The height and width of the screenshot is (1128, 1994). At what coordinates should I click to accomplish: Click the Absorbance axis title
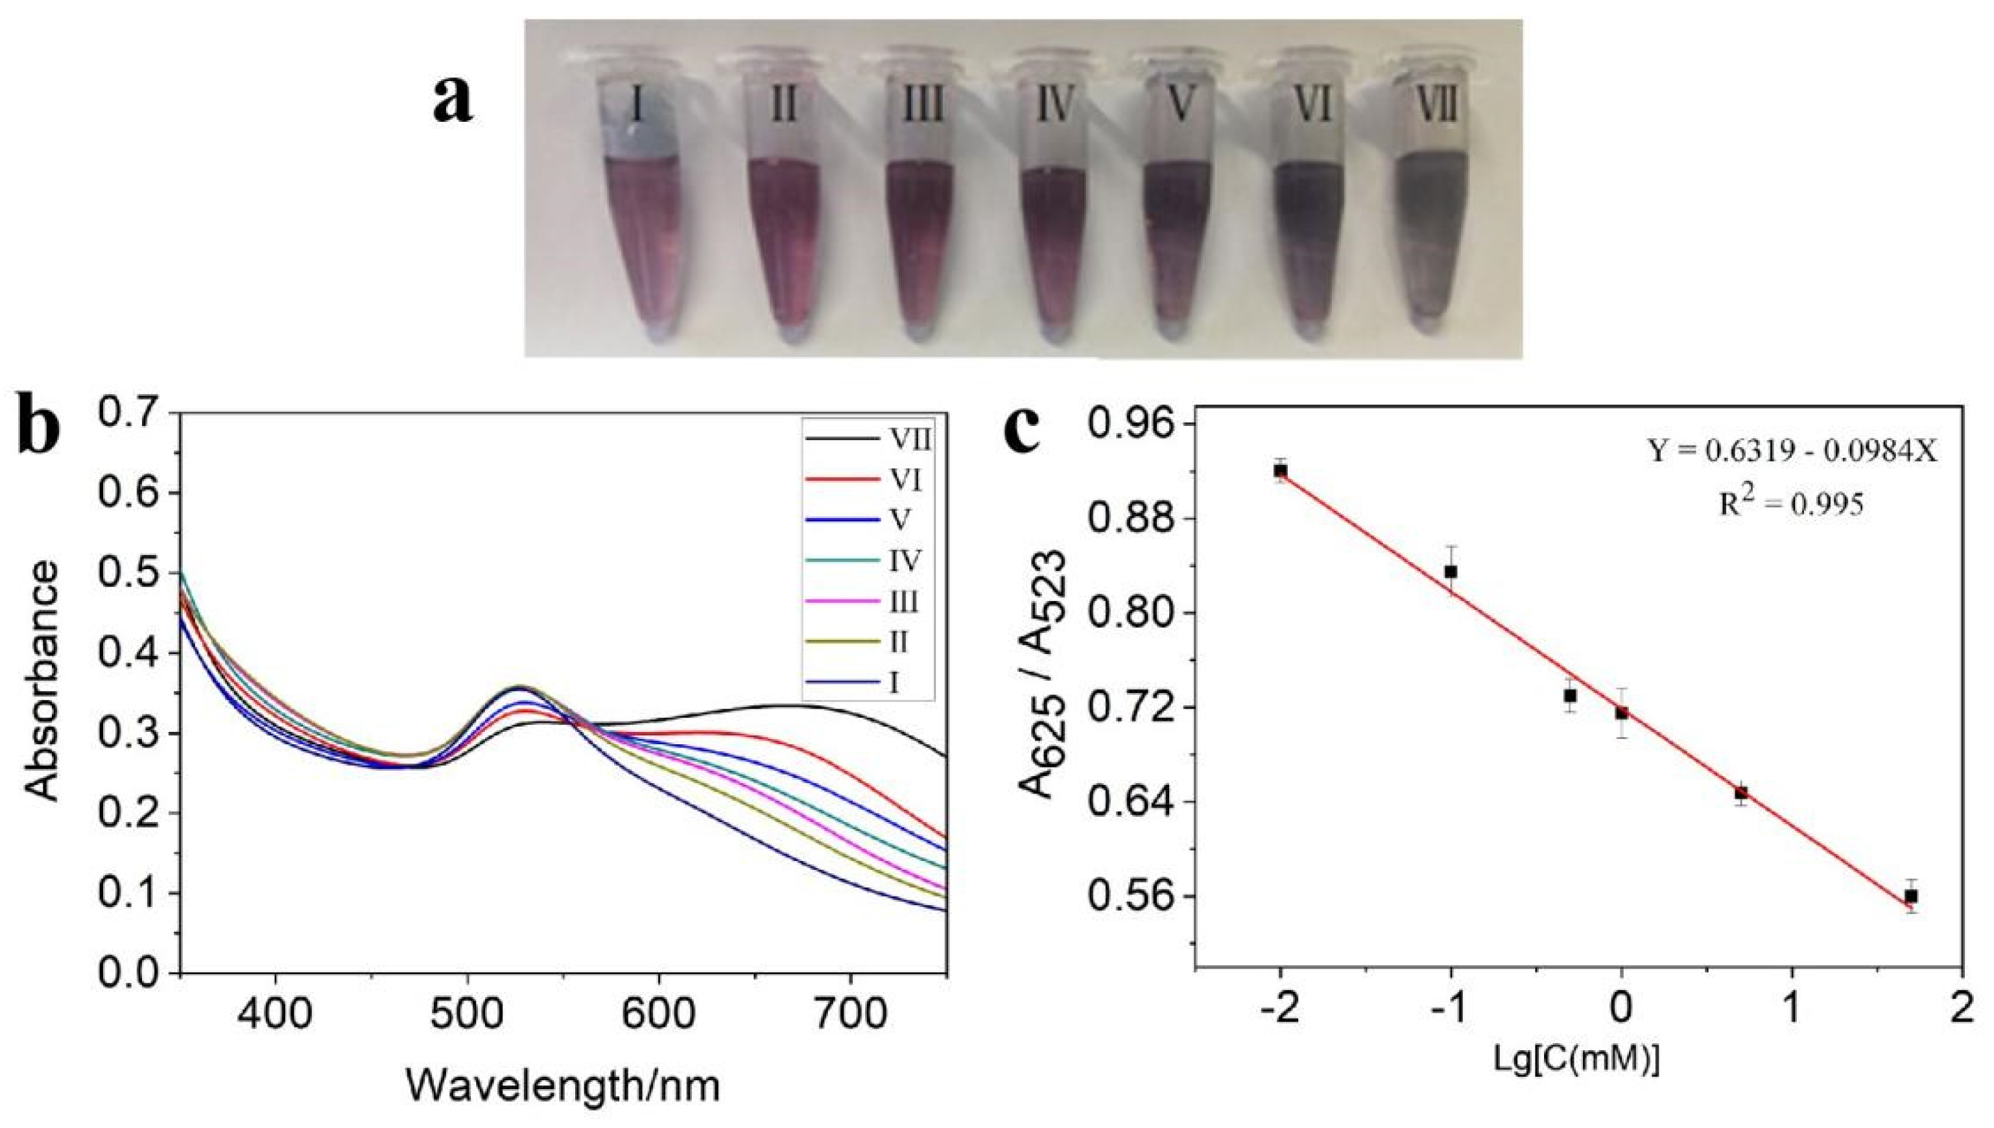(42, 692)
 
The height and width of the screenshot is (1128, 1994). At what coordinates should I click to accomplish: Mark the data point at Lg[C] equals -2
(1280, 470)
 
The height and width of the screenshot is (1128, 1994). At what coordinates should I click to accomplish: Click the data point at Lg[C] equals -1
(1451, 572)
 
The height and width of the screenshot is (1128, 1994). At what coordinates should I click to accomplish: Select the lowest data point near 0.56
(1912, 897)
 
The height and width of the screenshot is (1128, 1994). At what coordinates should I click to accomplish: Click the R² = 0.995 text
(1790, 505)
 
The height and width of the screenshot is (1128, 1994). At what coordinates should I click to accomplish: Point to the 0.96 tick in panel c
(1133, 425)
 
